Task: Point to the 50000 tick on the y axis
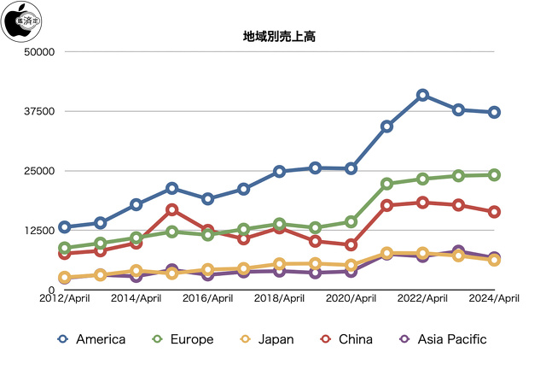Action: coord(38,52)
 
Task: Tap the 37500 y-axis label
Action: coord(38,111)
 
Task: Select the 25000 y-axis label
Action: coord(38,171)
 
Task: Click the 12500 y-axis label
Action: coord(38,230)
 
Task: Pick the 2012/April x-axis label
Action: coord(66,299)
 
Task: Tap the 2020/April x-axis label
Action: coord(351,299)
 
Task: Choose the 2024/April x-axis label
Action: coord(495,299)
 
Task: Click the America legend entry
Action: coord(92,339)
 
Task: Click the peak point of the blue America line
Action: coord(422,95)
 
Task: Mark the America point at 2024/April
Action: coord(494,112)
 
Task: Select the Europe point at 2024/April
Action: coord(494,174)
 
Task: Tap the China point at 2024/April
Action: coord(494,211)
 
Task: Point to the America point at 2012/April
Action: coord(65,227)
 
